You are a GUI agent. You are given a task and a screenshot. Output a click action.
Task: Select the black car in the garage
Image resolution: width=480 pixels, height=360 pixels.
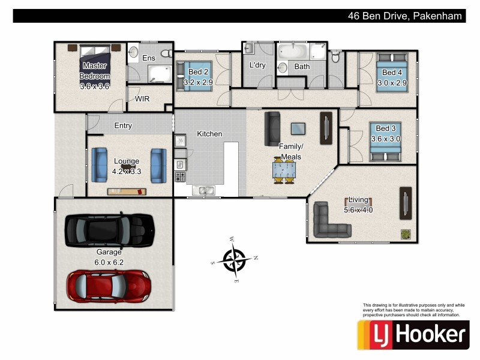(109, 228)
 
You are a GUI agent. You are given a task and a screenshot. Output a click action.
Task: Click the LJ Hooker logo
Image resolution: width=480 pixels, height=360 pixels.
(413, 334)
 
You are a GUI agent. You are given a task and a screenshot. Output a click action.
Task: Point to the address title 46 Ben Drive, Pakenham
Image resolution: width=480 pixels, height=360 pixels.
(406, 16)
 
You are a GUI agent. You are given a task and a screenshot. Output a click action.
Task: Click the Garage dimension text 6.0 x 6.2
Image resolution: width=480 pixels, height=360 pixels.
(109, 262)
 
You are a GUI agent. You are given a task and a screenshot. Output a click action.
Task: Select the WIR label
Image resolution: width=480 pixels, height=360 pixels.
(142, 98)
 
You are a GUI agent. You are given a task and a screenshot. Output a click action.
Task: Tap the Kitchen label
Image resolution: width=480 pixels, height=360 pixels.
(209, 134)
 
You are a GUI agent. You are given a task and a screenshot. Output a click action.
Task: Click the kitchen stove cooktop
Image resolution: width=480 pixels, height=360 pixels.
(179, 177)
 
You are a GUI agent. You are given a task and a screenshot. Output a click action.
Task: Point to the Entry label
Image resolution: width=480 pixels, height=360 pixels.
(123, 126)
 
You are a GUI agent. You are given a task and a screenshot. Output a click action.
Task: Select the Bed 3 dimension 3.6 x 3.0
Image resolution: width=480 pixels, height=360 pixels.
(385, 139)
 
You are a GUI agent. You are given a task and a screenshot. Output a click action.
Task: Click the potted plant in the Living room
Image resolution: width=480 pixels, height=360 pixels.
(406, 235)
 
